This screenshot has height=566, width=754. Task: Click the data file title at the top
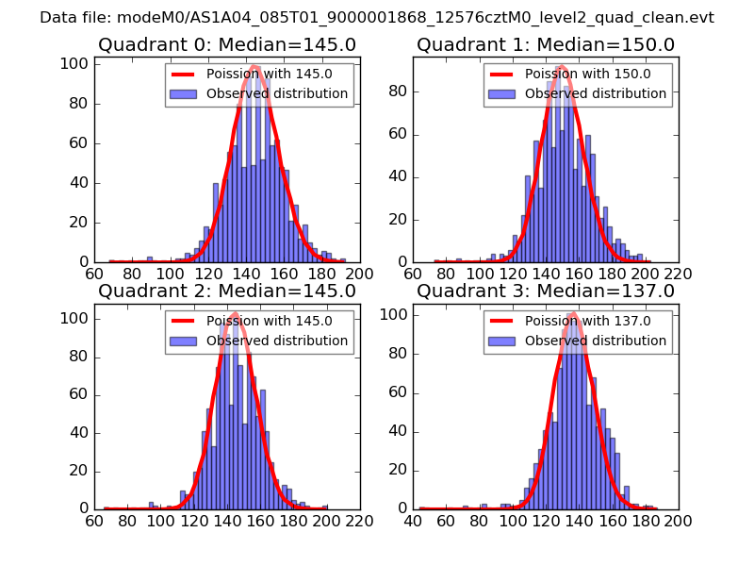pos(377,18)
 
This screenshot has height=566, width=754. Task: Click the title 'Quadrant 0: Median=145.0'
pos(227,44)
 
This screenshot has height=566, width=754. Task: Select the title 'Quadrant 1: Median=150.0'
pos(546,44)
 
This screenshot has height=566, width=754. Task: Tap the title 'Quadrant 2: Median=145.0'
pos(227,291)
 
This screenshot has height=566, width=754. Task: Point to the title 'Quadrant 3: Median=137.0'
pos(546,291)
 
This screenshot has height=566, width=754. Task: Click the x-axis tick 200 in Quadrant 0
pos(360,274)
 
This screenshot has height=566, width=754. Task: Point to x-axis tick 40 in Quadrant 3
pos(414,520)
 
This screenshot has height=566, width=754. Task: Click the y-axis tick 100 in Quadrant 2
pos(76,319)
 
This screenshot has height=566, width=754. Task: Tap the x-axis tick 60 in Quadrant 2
pos(94,520)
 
